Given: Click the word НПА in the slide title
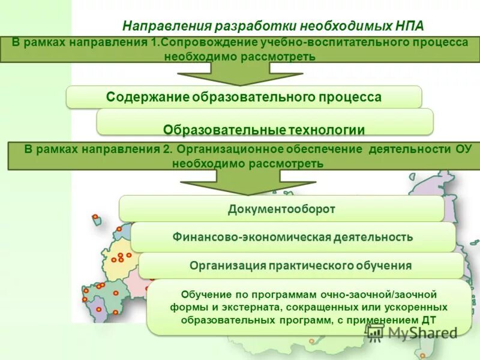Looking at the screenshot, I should click(x=409, y=26).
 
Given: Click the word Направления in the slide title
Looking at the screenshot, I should click(x=158, y=26).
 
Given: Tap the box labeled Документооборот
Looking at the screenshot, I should click(x=281, y=209).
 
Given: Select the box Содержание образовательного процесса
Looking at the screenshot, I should click(x=244, y=97).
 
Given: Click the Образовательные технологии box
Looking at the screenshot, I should click(x=265, y=129).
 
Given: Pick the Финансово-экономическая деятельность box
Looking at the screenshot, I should click(x=293, y=237).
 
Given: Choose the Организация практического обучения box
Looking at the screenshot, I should click(x=301, y=265).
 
